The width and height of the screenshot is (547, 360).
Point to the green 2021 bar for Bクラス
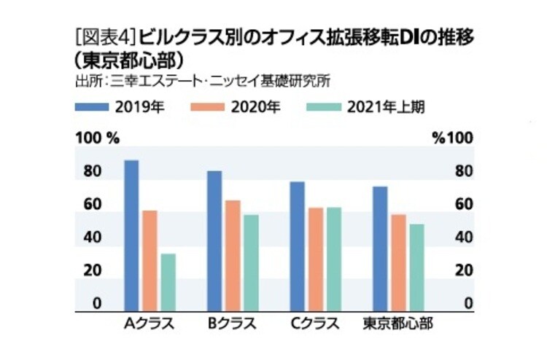pyautogui.click(x=251, y=263)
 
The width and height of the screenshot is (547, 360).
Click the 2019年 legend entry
pyautogui.click(x=120, y=106)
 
